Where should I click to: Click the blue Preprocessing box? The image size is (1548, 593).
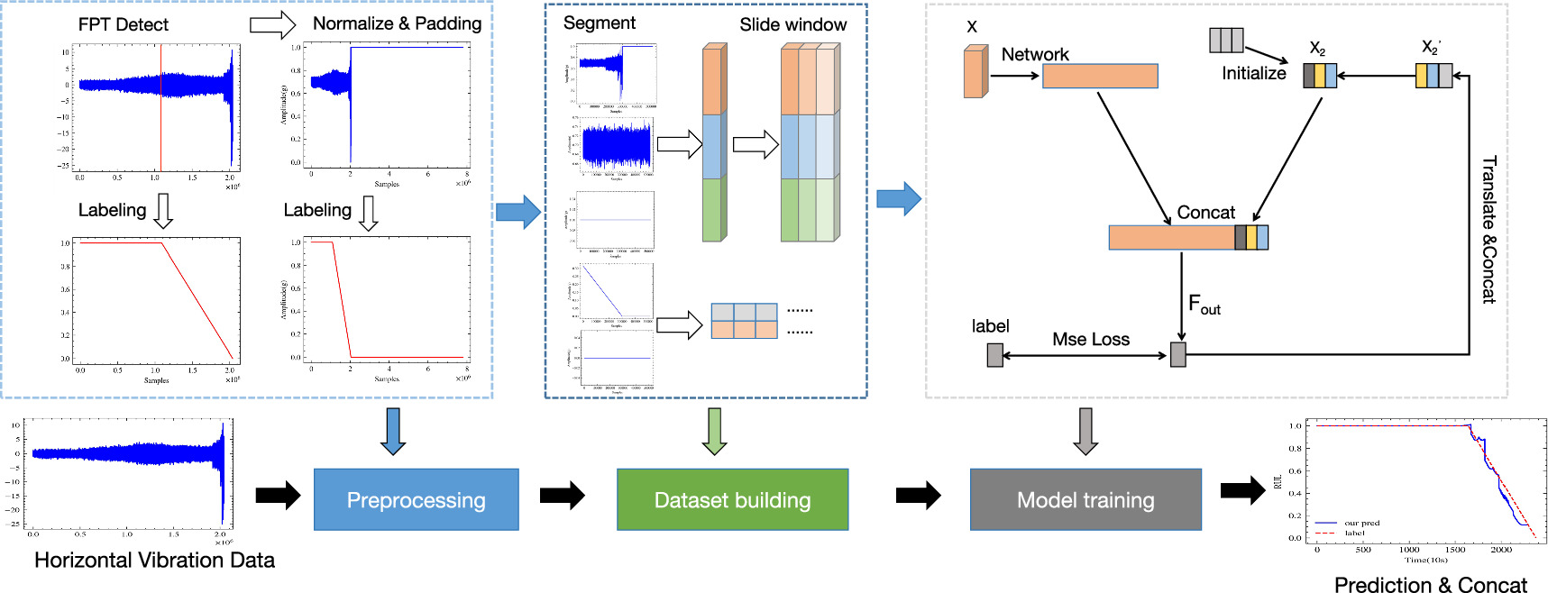[416, 499]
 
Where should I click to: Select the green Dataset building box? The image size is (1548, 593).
[732, 499]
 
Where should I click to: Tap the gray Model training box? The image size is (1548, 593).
[1085, 499]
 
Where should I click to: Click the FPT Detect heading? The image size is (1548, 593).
[123, 24]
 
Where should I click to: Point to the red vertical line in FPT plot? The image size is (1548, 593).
[160, 108]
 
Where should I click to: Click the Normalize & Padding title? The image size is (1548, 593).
[397, 23]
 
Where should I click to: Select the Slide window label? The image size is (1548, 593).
[792, 24]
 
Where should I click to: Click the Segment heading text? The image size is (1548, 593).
[599, 23]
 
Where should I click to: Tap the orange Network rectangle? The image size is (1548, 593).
[1099, 76]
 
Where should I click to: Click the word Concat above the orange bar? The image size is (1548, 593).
[1205, 213]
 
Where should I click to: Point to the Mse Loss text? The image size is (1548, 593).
[1090, 340]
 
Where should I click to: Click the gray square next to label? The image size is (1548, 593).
[994, 355]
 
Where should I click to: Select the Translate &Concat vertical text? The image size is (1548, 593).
[1488, 230]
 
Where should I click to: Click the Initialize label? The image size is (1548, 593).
[1253, 74]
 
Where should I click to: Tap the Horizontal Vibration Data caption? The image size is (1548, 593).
[154, 561]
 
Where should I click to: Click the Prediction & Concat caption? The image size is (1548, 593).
[1430, 585]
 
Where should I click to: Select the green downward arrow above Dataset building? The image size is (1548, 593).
[714, 431]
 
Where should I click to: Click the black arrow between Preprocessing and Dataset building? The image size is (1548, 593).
[563, 495]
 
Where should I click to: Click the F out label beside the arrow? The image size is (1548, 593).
[1204, 305]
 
